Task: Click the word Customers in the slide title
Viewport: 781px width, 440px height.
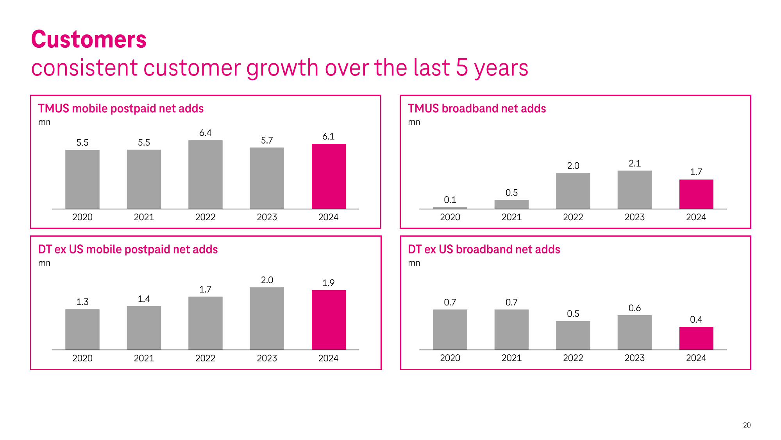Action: (x=89, y=40)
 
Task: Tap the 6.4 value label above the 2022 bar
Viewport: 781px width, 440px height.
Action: (x=205, y=133)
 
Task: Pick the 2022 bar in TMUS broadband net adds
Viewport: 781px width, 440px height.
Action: (x=573, y=191)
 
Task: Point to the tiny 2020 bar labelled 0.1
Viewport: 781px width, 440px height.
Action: (x=450, y=208)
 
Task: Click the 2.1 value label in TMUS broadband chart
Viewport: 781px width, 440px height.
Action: (x=634, y=163)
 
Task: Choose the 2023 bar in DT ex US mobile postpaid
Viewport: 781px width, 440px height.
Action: (x=267, y=318)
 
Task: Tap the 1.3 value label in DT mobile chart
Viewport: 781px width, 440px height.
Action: (x=82, y=302)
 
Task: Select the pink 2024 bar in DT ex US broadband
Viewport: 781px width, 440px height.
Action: (x=696, y=338)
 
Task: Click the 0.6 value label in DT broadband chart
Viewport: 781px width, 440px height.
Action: (x=634, y=308)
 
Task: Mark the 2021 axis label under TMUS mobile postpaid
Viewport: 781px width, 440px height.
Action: (x=144, y=217)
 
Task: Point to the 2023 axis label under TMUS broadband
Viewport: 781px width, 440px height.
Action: (x=634, y=217)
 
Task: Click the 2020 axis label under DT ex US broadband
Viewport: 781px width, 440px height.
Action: (x=450, y=358)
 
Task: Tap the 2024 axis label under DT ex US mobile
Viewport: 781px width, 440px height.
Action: (x=328, y=358)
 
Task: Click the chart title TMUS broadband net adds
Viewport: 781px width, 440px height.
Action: (x=477, y=108)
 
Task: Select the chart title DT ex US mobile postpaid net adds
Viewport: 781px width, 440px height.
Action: (x=128, y=249)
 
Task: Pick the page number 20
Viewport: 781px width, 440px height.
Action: (x=747, y=425)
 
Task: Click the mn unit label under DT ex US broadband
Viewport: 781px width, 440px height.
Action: (x=414, y=263)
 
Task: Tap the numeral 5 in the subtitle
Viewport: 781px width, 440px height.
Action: (x=462, y=68)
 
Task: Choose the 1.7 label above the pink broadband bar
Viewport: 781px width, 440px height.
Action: (x=696, y=172)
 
